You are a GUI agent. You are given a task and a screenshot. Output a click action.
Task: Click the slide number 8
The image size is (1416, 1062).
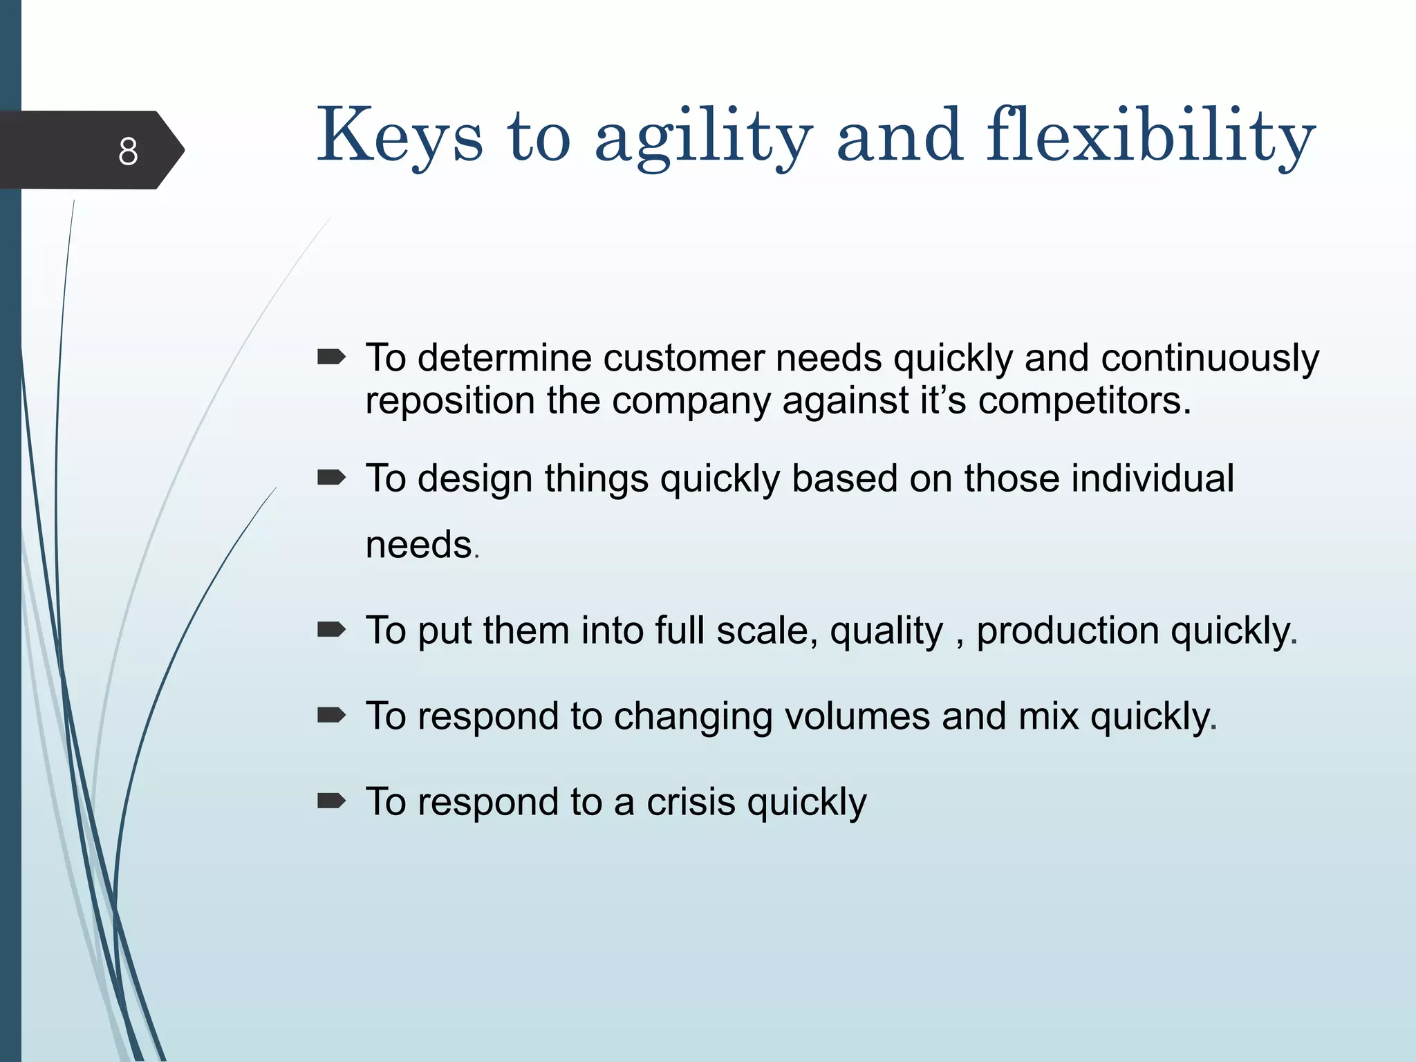pos(128,151)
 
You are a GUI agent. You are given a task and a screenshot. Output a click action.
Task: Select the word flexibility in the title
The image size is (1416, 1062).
pos(1150,136)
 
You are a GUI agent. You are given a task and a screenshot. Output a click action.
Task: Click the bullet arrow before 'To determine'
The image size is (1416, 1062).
pos(331,357)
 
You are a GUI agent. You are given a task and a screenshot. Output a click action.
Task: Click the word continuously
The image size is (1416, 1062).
pos(1210,358)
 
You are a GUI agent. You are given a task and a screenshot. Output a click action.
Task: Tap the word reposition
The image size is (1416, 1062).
pos(449,400)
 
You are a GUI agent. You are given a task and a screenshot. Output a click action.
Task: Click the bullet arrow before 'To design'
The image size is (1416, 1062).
pos(331,477)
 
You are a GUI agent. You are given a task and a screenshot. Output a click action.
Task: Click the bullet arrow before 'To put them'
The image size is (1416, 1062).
pos(331,629)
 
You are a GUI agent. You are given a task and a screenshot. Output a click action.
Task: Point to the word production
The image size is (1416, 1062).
pos(1068,631)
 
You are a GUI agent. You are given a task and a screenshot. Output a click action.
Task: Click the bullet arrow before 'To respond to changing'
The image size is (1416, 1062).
pos(331,715)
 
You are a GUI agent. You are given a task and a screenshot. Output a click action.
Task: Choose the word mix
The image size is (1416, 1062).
pos(1048,716)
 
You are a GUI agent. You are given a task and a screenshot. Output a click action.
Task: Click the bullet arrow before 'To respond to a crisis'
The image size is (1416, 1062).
pos(331,801)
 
